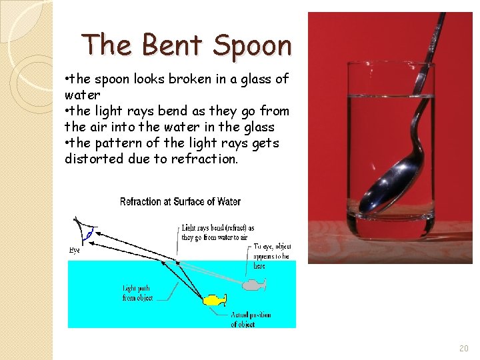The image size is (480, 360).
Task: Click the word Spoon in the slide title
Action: point(253,45)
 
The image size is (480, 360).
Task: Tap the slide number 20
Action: point(464,349)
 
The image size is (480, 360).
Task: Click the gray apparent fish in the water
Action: point(254,285)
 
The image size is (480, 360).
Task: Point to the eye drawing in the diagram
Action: point(84,231)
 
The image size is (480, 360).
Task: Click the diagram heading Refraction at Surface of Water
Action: point(180,201)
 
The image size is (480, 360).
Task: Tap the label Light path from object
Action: point(137,293)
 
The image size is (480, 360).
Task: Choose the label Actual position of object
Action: point(251,319)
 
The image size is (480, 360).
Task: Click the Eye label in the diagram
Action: point(74,250)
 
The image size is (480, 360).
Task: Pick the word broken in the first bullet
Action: point(192,79)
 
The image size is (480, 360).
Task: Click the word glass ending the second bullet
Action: point(257,127)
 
